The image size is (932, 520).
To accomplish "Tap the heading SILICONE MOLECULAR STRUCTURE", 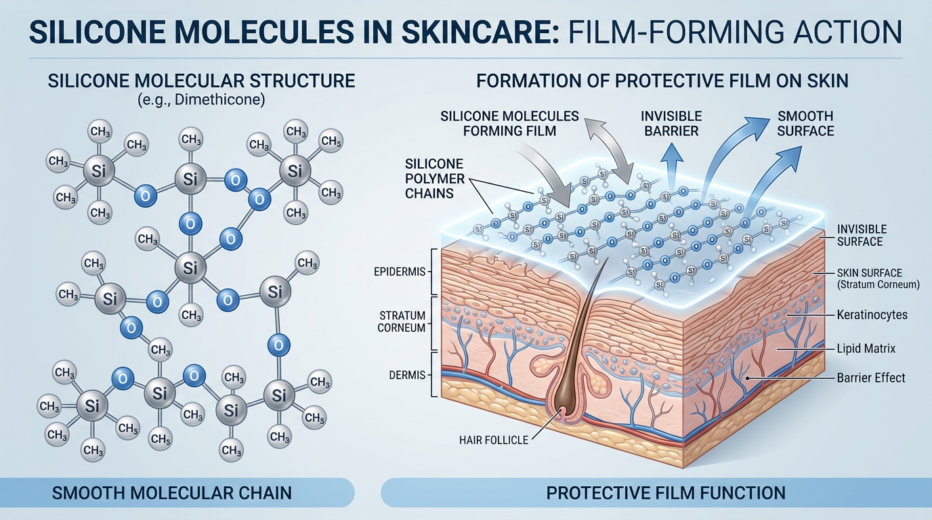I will pos(201,81).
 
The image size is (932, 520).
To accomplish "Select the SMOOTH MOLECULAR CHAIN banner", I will pos(172,492).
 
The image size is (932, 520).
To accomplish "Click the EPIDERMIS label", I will pos(400,272).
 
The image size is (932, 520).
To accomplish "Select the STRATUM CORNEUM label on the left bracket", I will pos(402,322).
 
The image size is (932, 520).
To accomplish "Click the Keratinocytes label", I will pos(872,315).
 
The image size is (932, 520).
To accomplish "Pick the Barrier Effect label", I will pos(870,378).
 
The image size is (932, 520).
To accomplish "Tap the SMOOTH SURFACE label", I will pos(805,123).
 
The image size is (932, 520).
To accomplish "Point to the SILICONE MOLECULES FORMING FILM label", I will pos(509,123).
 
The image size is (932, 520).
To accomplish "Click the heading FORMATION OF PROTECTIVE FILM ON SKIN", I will pos(662,81).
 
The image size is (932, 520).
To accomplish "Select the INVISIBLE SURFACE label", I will pos(862,236).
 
